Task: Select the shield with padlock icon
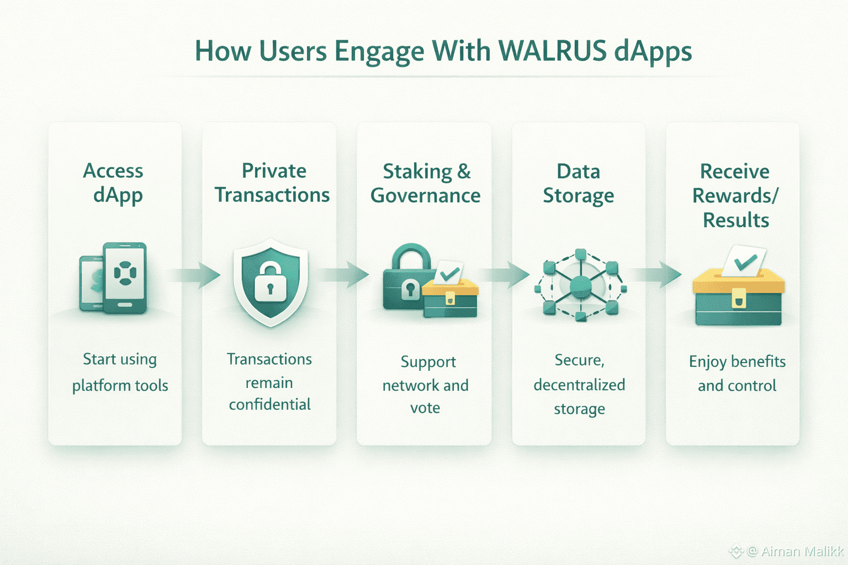(x=270, y=281)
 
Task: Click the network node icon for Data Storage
(x=580, y=285)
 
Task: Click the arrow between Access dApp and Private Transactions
(x=196, y=275)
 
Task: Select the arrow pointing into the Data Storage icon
(x=505, y=275)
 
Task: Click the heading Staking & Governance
(x=425, y=183)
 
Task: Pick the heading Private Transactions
(x=272, y=183)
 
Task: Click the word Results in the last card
(x=735, y=220)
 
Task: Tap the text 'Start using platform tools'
(x=120, y=372)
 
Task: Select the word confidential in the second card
(x=269, y=404)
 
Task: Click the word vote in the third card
(x=425, y=408)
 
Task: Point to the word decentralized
(x=579, y=385)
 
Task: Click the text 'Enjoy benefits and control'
(x=737, y=374)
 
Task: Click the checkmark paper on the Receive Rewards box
(x=744, y=261)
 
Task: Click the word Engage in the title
(x=379, y=51)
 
